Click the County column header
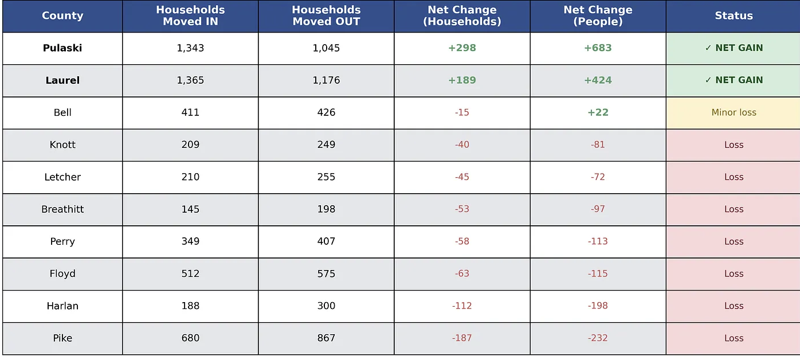[x=62, y=15]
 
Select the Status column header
[x=734, y=15]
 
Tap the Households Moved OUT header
[x=326, y=15]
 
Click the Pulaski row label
[x=62, y=48]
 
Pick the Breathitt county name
[x=62, y=209]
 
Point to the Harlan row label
[x=62, y=306]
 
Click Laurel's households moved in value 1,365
[x=190, y=80]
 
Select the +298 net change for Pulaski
[x=462, y=48]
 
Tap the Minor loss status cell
[x=734, y=112]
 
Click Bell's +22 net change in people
[x=598, y=112]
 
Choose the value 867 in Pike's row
[x=326, y=338]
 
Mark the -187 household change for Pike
[x=462, y=338]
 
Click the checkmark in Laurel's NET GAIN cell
[x=708, y=80]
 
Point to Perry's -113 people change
[x=598, y=241]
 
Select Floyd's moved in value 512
[x=190, y=273]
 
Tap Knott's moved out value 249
[x=326, y=144]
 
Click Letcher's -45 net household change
[x=462, y=177]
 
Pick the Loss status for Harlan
[x=734, y=306]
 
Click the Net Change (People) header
[x=598, y=15]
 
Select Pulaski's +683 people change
[x=598, y=48]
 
